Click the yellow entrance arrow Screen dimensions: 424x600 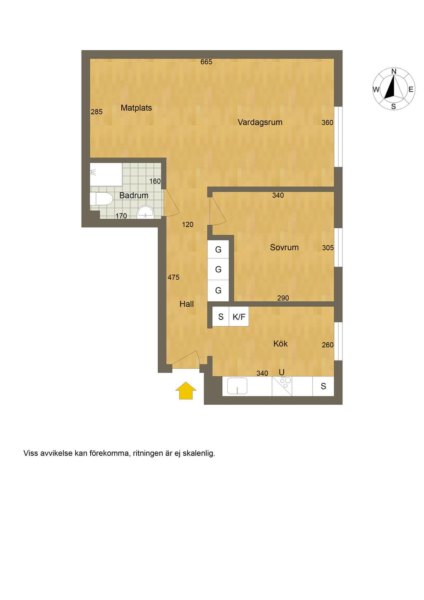click(186, 390)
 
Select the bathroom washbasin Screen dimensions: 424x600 click(145, 213)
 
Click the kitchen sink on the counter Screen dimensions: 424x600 click(237, 386)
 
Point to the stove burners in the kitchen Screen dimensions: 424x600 click(285, 382)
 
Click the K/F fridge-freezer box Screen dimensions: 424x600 click(239, 317)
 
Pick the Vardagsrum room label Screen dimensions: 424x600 click(260, 122)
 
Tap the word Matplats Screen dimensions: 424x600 click(136, 108)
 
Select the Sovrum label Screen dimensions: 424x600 click(284, 247)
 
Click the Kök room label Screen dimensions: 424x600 click(280, 344)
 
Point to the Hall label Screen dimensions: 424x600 click(187, 304)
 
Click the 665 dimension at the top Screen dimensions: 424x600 click(206, 62)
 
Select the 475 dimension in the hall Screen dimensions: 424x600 click(173, 278)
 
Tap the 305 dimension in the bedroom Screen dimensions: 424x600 click(328, 248)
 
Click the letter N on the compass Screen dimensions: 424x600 click(394, 71)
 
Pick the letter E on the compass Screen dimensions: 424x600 click(411, 90)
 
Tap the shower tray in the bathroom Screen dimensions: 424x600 click(106, 174)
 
